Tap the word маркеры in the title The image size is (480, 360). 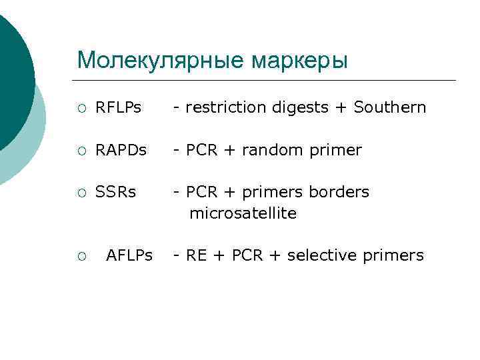[299, 61]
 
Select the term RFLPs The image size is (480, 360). [119, 107]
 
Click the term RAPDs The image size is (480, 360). [121, 150]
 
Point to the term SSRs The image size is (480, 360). [116, 192]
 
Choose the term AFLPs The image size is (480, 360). [129, 255]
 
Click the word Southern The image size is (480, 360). [390, 107]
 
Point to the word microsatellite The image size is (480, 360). [243, 214]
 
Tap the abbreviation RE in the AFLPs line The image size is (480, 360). [196, 255]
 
